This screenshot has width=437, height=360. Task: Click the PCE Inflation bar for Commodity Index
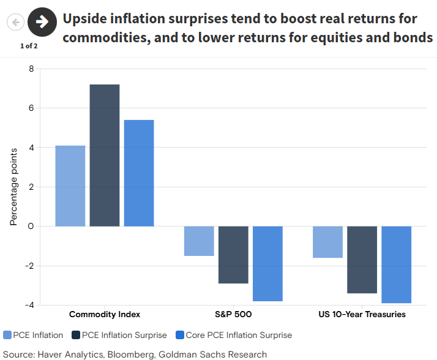pos(70,186)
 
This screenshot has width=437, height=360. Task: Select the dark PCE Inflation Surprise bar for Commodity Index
pos(105,156)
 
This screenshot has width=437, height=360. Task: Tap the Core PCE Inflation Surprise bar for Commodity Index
pos(139,173)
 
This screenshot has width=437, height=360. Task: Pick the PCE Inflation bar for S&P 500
pos(199,241)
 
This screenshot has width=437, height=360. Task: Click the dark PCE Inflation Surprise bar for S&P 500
pos(233,255)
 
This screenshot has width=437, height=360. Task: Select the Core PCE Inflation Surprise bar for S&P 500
pos(267,263)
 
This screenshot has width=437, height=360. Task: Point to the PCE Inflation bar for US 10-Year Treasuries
pos(327,242)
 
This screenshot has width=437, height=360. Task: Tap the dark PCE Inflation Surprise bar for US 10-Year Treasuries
pos(362,260)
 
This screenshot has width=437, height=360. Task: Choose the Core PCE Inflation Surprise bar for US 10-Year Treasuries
pos(396,264)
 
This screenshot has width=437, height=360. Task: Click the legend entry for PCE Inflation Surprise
pos(119,335)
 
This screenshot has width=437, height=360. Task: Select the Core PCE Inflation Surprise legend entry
pos(233,335)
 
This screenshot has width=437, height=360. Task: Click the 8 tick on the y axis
pos(31,69)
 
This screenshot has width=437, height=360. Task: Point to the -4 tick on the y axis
pos(29,305)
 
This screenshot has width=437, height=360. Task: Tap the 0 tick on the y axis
pos(31,226)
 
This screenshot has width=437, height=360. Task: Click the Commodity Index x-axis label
pos(105,314)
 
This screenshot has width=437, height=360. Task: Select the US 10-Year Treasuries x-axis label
pos(362,314)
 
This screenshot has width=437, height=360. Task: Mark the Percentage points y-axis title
pos(13,187)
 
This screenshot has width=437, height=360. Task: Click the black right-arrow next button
pos(42,23)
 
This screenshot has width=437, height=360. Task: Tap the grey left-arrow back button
pos(15,23)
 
